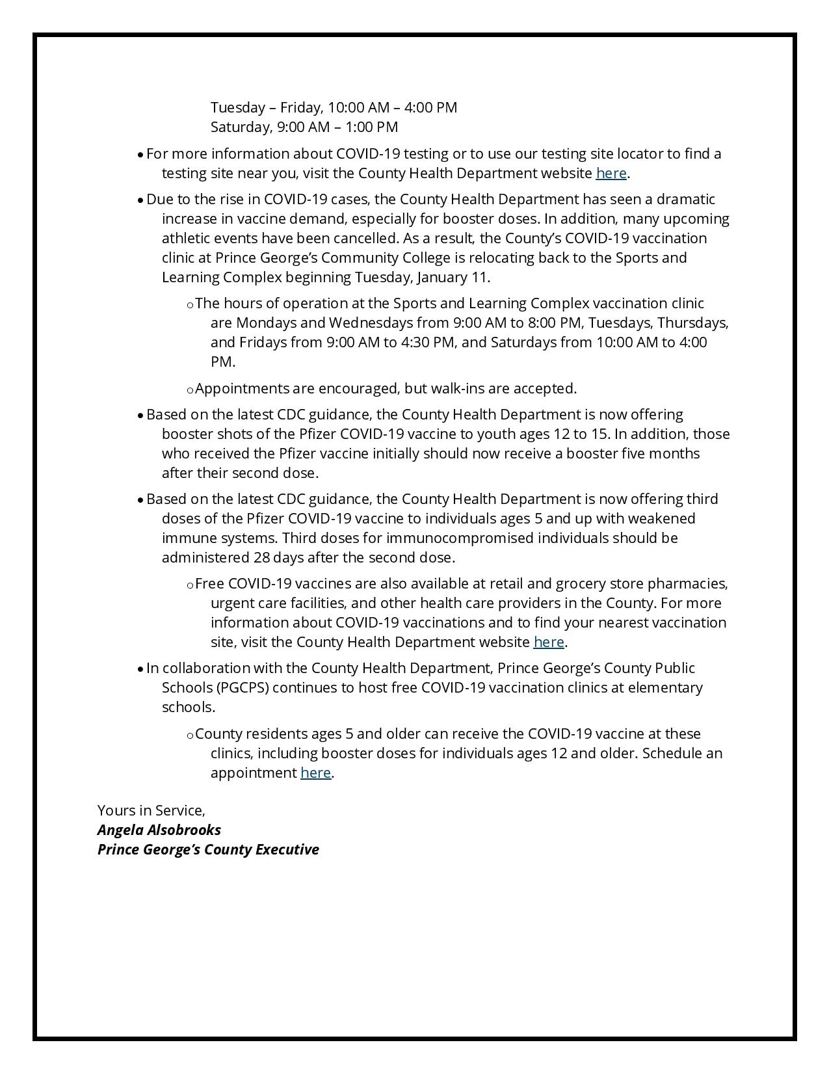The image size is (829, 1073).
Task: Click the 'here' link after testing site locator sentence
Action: (611, 174)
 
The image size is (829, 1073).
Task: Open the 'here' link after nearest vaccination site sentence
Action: (548, 642)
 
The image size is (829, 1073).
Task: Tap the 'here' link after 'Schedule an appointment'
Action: (315, 773)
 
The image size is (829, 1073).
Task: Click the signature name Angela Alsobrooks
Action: (159, 830)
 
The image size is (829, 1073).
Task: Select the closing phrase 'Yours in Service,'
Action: (151, 810)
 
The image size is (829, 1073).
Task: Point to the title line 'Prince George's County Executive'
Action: (208, 849)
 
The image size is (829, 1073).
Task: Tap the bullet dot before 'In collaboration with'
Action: (140, 669)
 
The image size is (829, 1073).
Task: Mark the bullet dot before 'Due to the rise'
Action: (140, 200)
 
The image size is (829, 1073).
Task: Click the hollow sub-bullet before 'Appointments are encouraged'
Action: (190, 390)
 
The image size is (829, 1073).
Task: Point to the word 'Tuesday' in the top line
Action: (237, 108)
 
